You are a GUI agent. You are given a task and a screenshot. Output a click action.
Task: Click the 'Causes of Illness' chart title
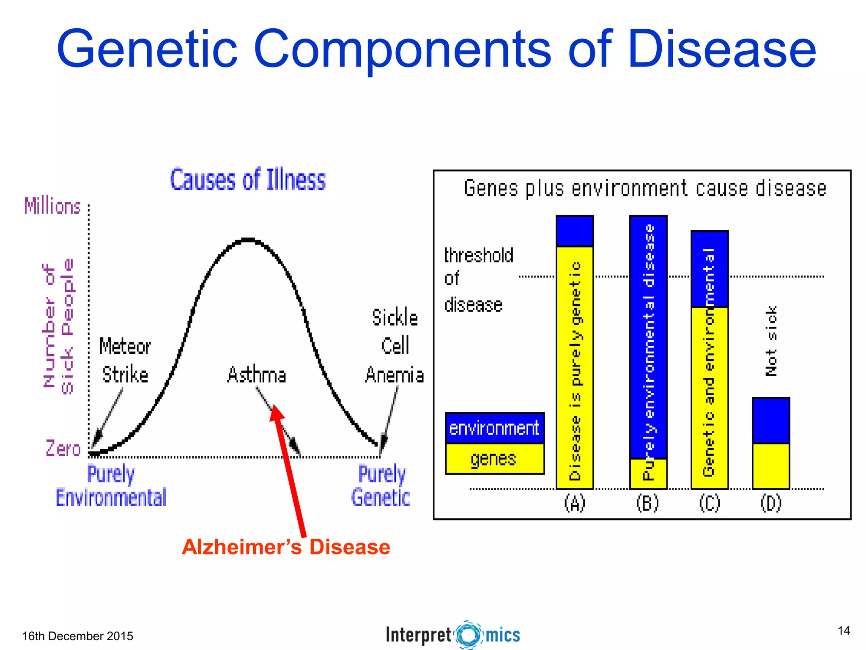[x=248, y=180]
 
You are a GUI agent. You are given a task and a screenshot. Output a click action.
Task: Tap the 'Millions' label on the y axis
[x=52, y=206]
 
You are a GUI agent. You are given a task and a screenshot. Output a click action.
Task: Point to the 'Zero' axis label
[x=63, y=449]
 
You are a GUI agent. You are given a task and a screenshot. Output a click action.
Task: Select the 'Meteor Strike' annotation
[x=125, y=361]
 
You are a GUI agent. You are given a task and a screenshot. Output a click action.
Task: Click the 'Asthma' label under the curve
[x=257, y=375]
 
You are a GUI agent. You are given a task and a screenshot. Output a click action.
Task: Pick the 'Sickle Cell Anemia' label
[x=395, y=346]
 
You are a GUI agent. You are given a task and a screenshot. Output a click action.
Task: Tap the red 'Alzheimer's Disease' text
[x=286, y=547]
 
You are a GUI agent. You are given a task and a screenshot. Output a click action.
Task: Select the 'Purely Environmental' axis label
[x=111, y=486]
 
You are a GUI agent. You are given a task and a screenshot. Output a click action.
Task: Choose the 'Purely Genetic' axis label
[x=381, y=486]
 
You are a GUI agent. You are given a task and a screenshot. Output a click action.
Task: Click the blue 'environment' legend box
[x=494, y=428]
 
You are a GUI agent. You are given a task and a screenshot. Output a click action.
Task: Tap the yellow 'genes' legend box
[x=494, y=459]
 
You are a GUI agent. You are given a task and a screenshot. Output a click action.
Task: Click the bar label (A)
[x=575, y=503]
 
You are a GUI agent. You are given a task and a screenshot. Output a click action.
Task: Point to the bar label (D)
[x=771, y=503]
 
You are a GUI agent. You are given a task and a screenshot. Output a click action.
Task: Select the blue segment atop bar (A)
[x=575, y=231]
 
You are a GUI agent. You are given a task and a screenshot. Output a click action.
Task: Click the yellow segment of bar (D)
[x=771, y=465]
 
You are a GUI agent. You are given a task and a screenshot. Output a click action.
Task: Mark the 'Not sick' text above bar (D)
[x=771, y=341]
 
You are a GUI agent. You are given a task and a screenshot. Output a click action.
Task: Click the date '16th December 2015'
[x=77, y=636]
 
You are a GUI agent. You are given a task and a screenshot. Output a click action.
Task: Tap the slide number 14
[x=844, y=631]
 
